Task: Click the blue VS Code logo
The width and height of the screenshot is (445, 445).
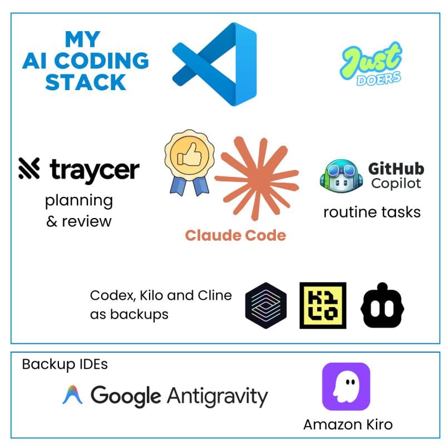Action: pos(215,64)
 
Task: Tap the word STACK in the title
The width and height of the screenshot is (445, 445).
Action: pos(86,82)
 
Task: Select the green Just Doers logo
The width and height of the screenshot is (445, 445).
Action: pos(371,63)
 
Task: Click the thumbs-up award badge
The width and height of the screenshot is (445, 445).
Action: pos(189,162)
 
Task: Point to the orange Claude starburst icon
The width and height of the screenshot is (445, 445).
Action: pos(256,179)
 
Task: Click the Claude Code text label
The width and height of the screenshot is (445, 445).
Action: pos(235,235)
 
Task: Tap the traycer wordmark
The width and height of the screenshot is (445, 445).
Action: pos(95,170)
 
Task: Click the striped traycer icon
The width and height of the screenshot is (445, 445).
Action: pos(29,169)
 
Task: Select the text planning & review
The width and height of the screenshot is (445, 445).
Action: pos(79,211)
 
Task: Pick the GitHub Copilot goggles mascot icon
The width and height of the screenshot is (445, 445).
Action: pos(342,175)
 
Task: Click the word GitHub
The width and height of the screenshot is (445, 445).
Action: pos(396,169)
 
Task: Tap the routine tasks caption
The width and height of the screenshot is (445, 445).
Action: pos(372,212)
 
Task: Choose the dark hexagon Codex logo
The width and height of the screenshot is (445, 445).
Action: pos(266,305)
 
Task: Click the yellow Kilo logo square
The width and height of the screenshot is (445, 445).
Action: pos(323,305)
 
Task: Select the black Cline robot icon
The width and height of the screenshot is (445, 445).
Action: pos(382,305)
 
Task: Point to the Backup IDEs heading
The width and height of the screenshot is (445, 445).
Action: pos(65,364)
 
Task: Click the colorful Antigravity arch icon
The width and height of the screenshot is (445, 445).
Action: pos(72,394)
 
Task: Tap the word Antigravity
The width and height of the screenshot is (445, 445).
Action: pos(217,397)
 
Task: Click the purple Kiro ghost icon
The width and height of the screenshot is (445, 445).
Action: pos(346,387)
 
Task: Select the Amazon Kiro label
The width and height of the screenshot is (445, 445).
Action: pos(348,425)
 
